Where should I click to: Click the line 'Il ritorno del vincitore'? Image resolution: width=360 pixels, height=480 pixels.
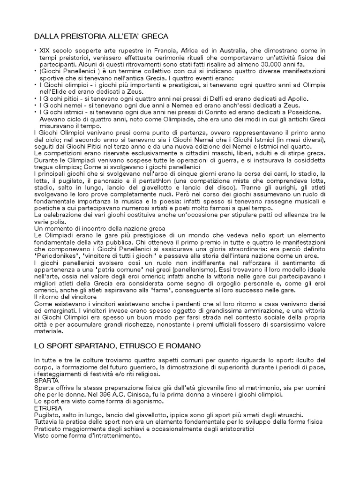pyautogui.click(x=65, y=297)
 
